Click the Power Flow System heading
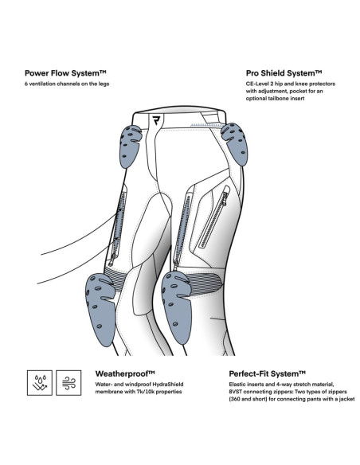tap(65, 73)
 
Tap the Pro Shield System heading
tap(284, 73)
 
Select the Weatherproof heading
tap(125, 373)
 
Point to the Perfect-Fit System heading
tap(267, 373)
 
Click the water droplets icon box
tap(40, 382)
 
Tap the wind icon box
tap(68, 382)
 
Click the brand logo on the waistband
tap(156, 121)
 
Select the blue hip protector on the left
tap(130, 146)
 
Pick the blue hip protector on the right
tap(235, 143)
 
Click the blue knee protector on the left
tap(100, 309)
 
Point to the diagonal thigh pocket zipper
tap(214, 217)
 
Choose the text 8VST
tap(236, 392)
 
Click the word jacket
tap(346, 399)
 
